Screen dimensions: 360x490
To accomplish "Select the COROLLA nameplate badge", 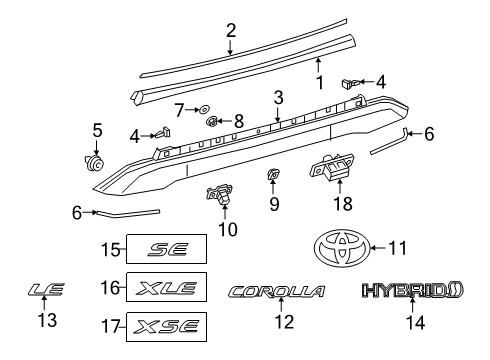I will pos(277,292).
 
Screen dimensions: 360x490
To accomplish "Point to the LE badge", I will pos(46,291).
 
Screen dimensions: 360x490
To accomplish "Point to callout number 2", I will pos(231,30).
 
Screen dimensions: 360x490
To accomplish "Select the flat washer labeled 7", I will pos(203,107).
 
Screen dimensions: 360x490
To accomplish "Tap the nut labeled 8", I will pos(213,122).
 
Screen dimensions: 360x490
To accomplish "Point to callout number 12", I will pos(284,322).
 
